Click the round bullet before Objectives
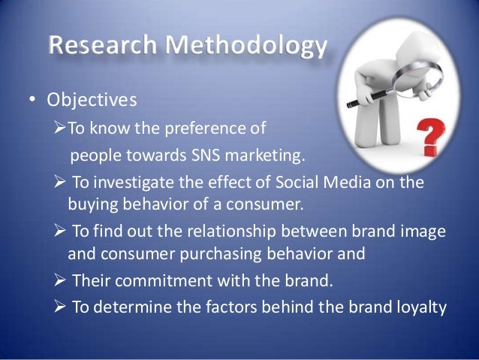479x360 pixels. click(x=33, y=101)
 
